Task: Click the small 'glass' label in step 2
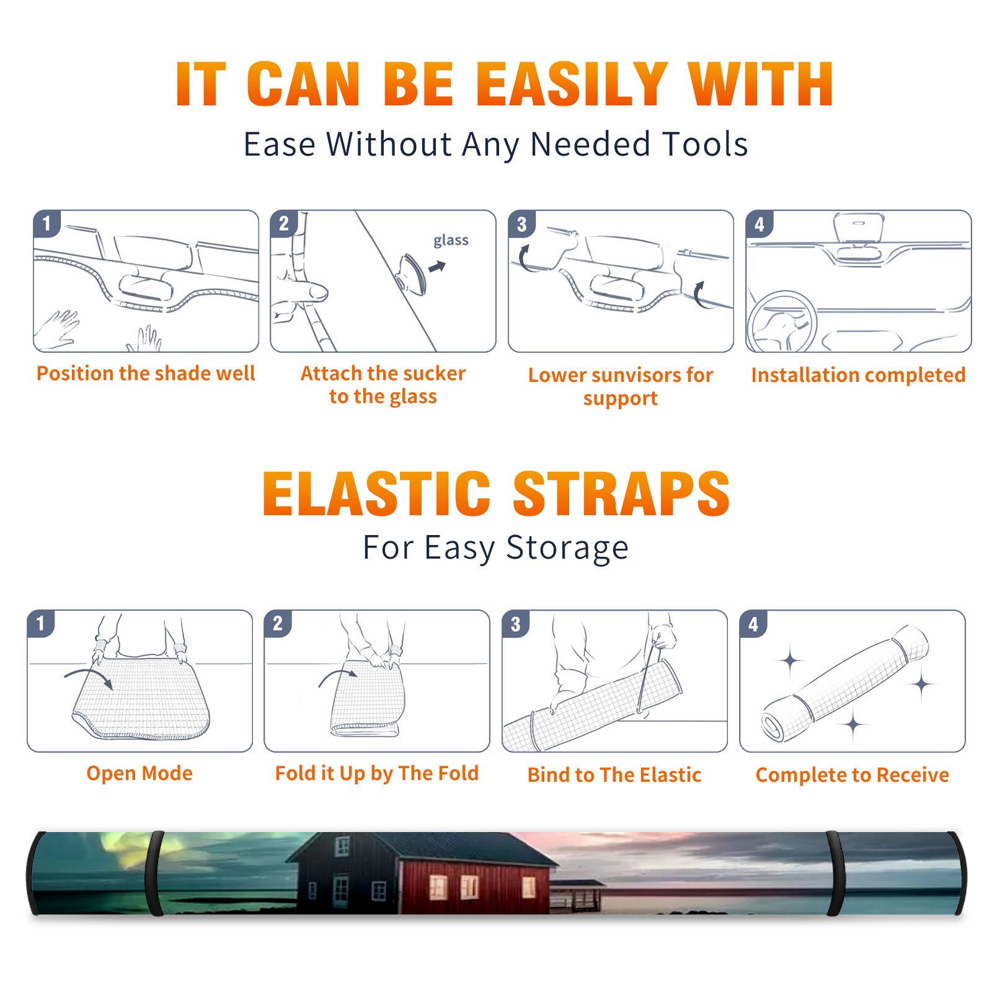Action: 451,241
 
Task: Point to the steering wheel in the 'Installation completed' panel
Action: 782,322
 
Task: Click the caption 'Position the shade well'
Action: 146,373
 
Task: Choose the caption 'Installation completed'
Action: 858,375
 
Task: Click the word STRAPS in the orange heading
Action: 621,494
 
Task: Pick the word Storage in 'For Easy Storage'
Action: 567,548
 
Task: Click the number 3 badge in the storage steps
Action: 515,624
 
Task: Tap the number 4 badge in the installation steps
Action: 759,224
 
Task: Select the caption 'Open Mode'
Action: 139,773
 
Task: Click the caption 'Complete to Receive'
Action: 852,775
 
